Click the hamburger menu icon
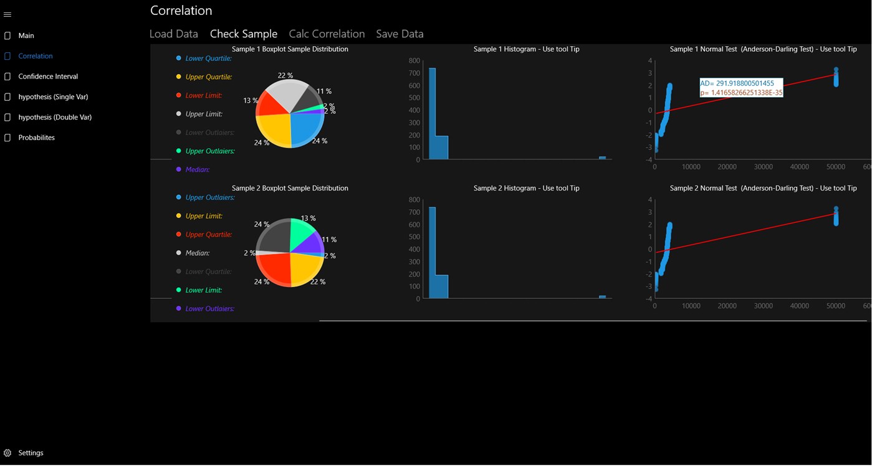(7, 14)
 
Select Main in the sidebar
(26, 35)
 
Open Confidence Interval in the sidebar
(48, 77)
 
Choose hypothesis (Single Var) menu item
(53, 97)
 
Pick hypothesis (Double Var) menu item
(55, 117)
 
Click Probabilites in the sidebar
(36, 138)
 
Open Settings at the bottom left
(31, 453)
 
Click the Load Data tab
(174, 34)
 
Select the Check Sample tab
(244, 34)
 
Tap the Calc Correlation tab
(327, 34)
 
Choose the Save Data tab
(400, 34)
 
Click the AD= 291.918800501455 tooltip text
(737, 83)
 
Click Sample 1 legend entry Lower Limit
(203, 95)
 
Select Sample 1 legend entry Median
(197, 169)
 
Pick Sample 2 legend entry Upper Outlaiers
(209, 197)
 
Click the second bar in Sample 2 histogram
(441, 286)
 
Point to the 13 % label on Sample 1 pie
(251, 101)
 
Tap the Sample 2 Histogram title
(526, 188)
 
